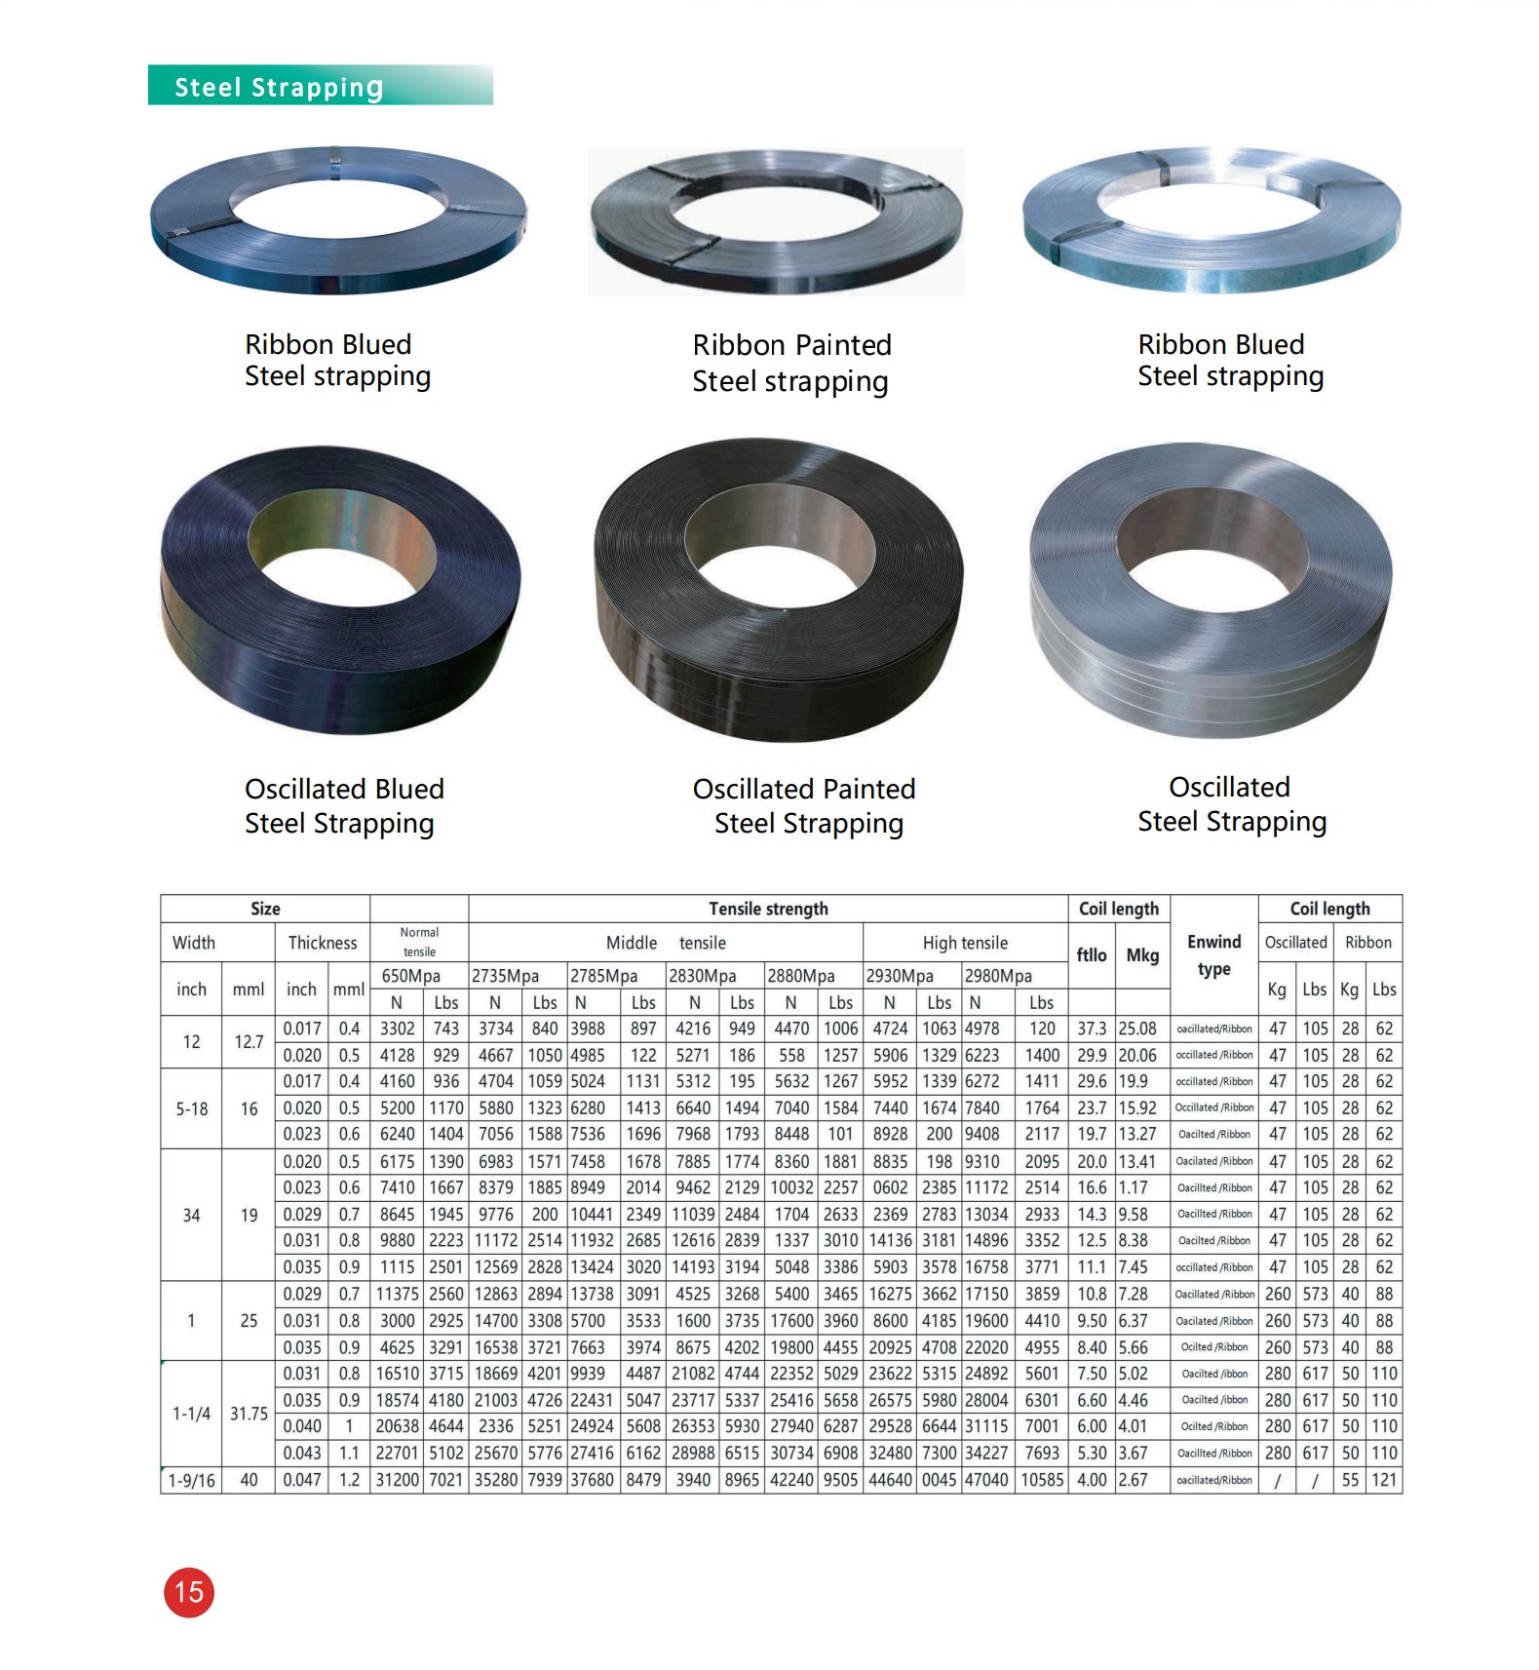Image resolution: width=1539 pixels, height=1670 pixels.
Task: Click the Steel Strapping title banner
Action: pos(320,85)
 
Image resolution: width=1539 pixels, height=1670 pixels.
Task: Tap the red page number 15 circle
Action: pos(188,1592)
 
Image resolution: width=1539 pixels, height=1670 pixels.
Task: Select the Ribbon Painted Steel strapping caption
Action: pos(790,363)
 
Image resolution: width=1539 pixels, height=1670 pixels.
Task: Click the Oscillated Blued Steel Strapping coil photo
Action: pos(340,591)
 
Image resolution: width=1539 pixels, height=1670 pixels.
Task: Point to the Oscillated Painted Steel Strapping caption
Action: pos(805,806)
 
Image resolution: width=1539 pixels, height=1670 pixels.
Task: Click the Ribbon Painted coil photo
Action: pos(776,222)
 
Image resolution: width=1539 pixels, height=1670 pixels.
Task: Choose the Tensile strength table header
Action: pos(768,909)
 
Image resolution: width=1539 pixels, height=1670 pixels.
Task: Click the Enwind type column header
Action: pos(1214,955)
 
